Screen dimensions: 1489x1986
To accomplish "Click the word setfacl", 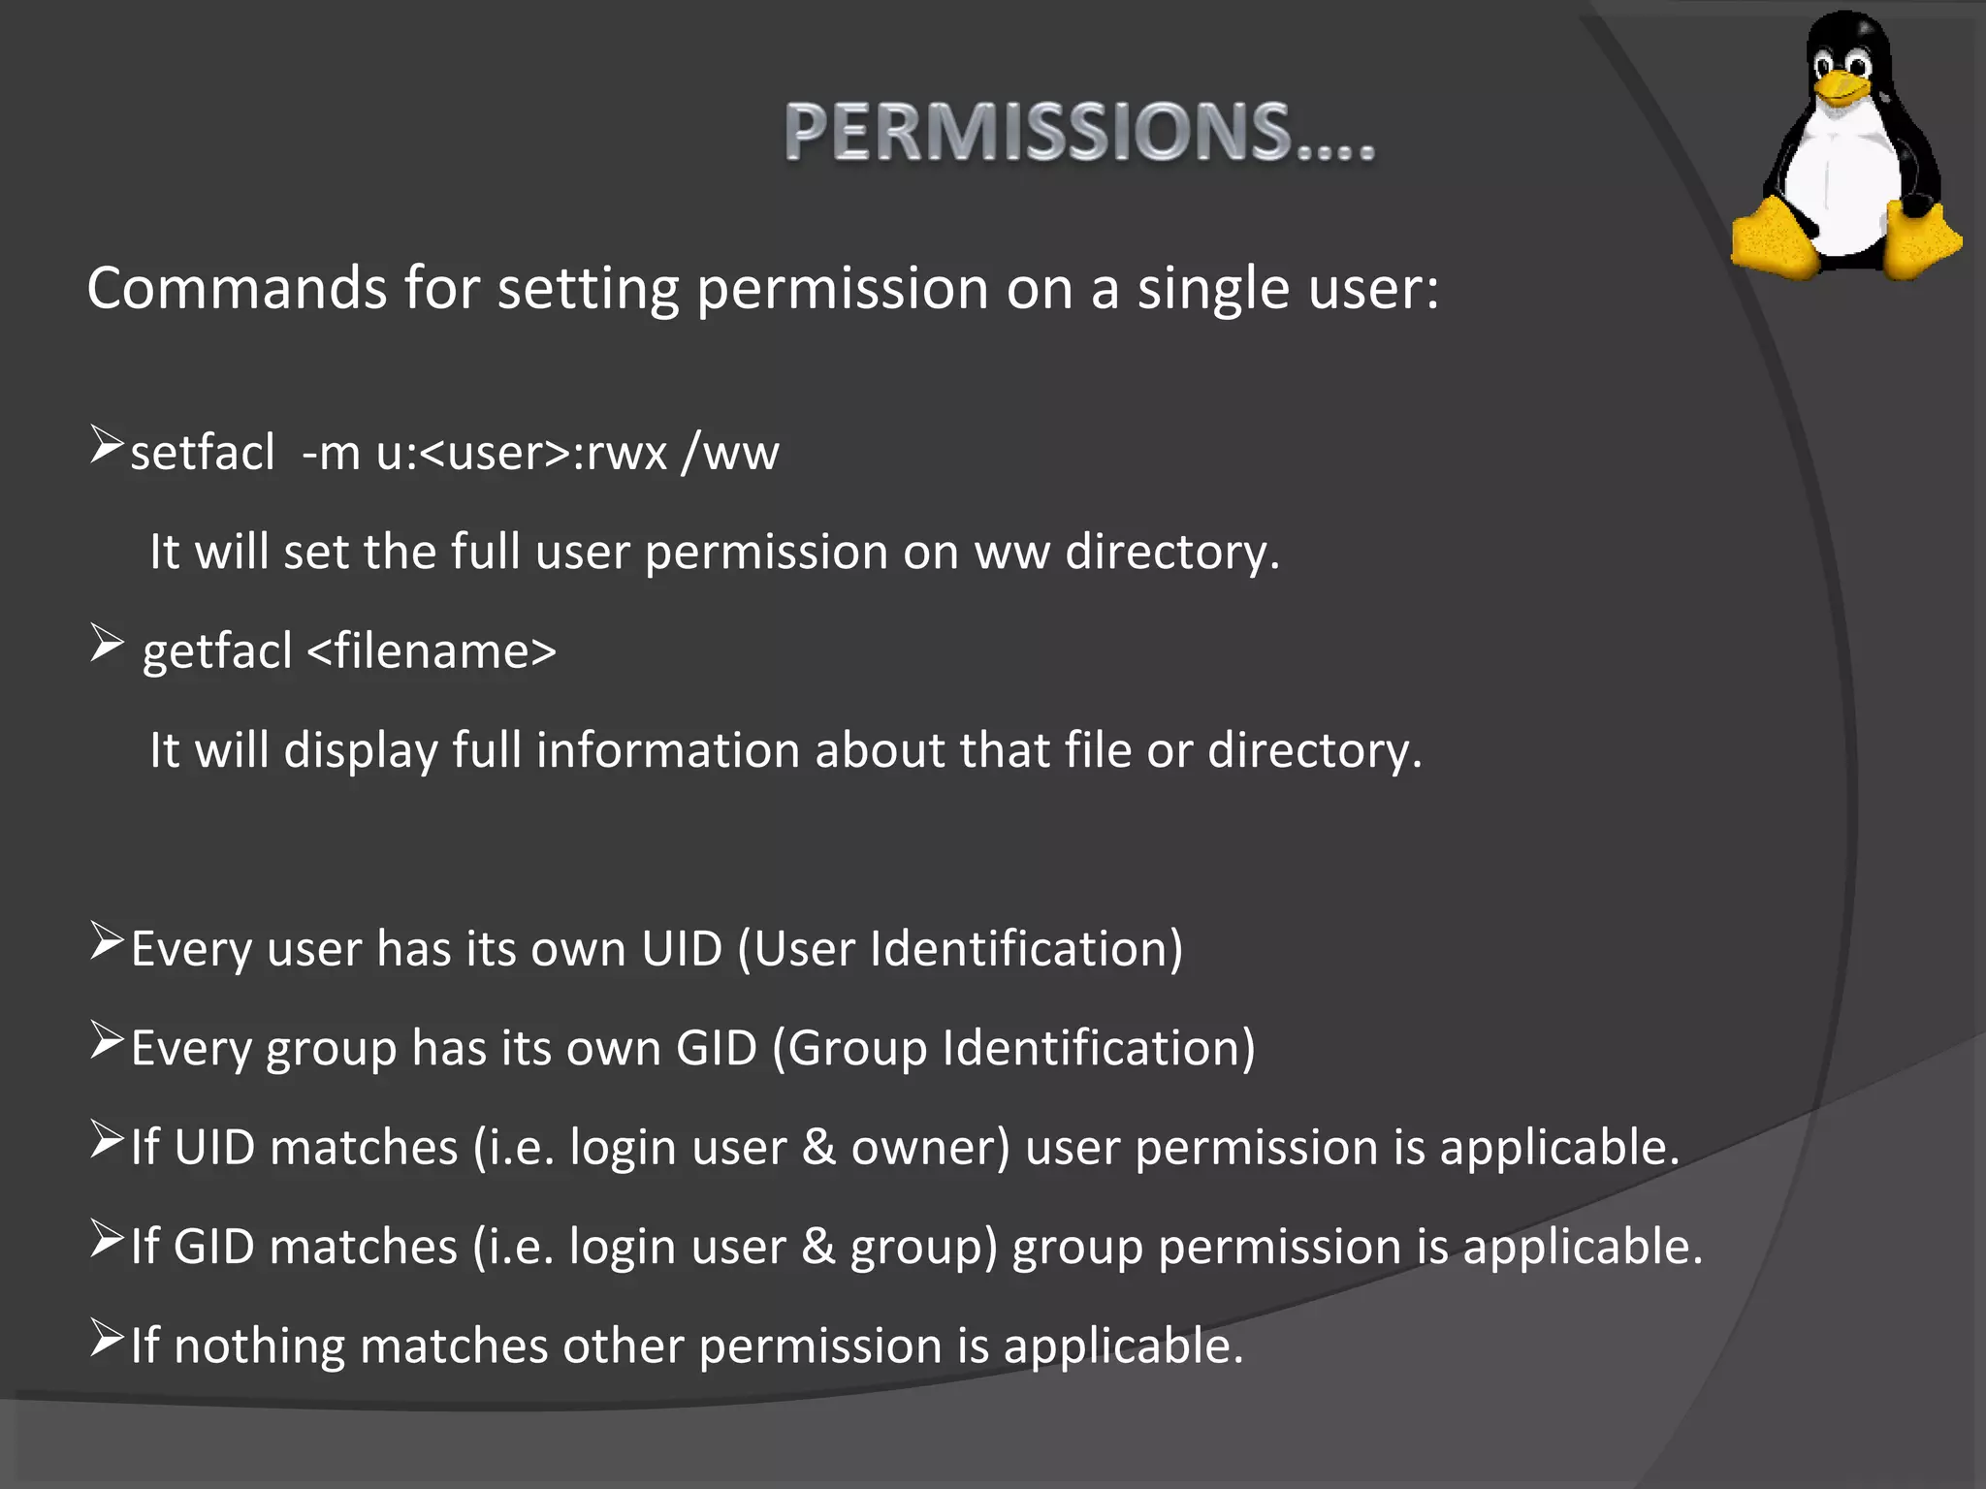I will (x=203, y=453).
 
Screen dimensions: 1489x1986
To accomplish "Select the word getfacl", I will (x=217, y=650).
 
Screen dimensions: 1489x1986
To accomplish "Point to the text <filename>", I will (x=432, y=650).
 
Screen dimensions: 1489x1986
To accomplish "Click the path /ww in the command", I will (x=730, y=453).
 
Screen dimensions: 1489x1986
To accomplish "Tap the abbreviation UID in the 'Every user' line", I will (x=682, y=948).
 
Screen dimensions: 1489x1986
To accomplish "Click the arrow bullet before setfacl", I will (x=106, y=445).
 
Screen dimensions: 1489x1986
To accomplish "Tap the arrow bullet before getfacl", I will (x=106, y=643).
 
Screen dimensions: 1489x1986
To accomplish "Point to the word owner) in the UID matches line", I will (x=930, y=1148).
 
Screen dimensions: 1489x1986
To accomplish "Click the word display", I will (x=361, y=751).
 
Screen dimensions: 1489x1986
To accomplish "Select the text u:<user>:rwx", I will (x=522, y=453).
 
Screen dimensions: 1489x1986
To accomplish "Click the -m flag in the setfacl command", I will (x=331, y=453).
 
